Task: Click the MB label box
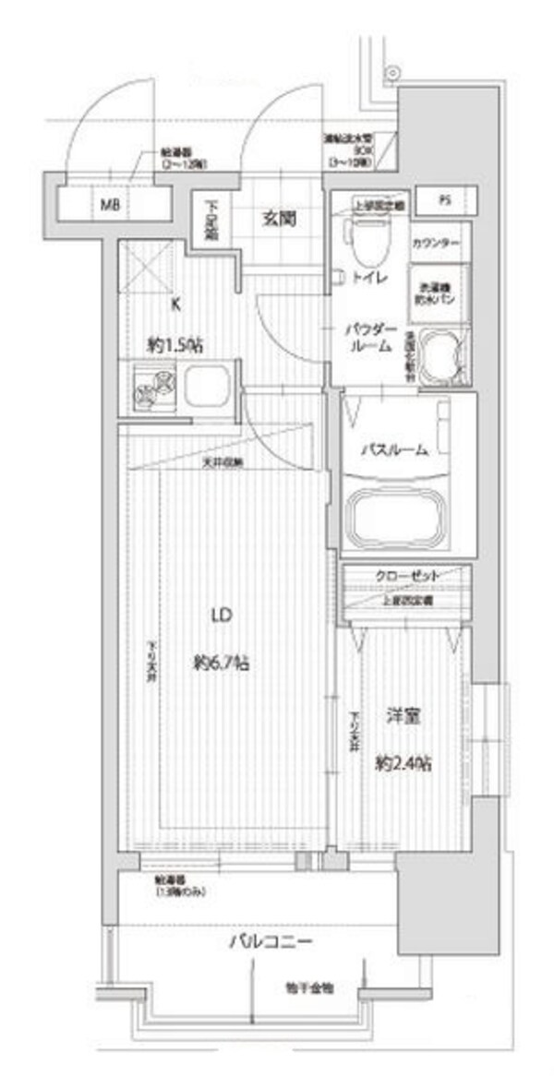point(110,202)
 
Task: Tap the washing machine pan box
point(440,292)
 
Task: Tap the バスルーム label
point(394,449)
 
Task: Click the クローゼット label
point(405,576)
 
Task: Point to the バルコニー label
point(271,942)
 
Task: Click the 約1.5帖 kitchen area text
point(176,344)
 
